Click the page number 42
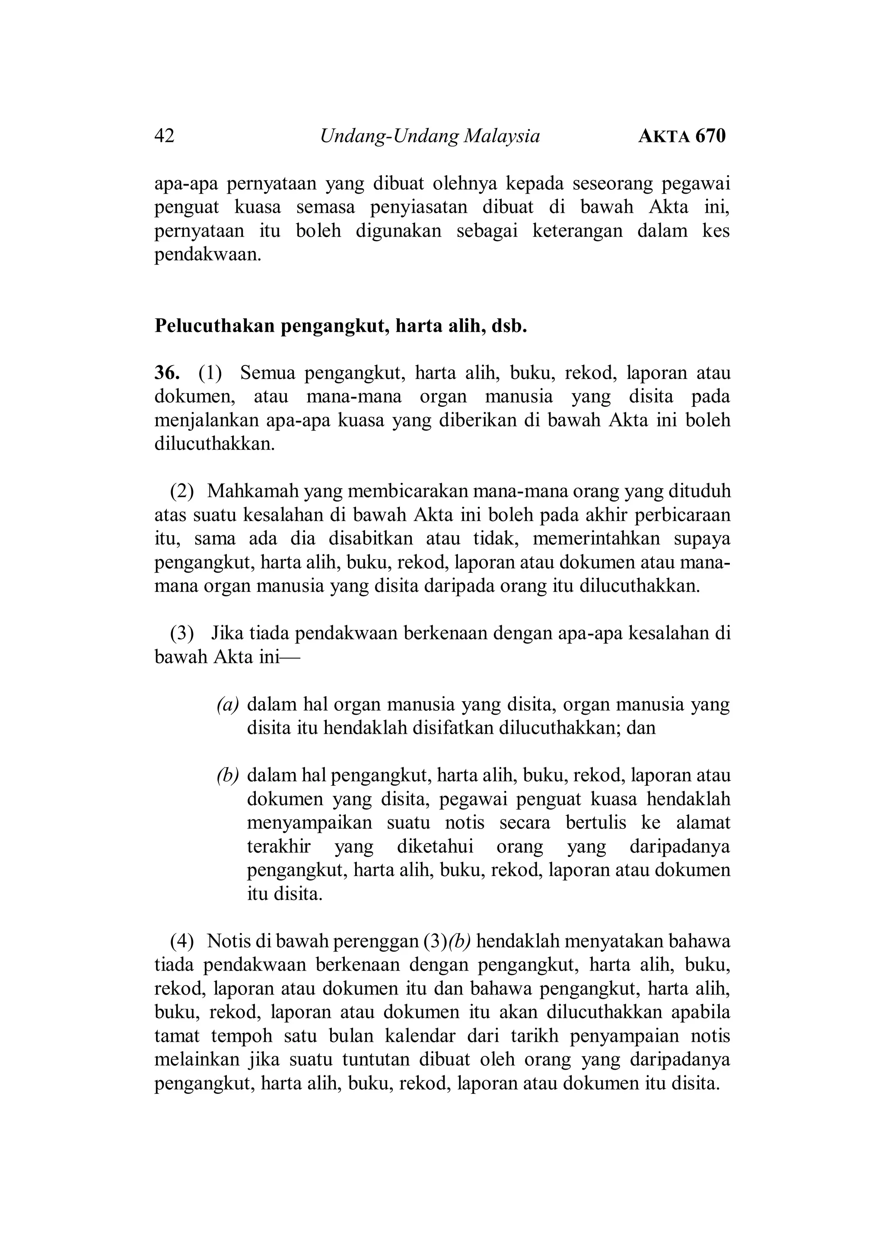(x=165, y=136)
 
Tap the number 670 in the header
(x=710, y=136)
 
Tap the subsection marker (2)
(x=182, y=491)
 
